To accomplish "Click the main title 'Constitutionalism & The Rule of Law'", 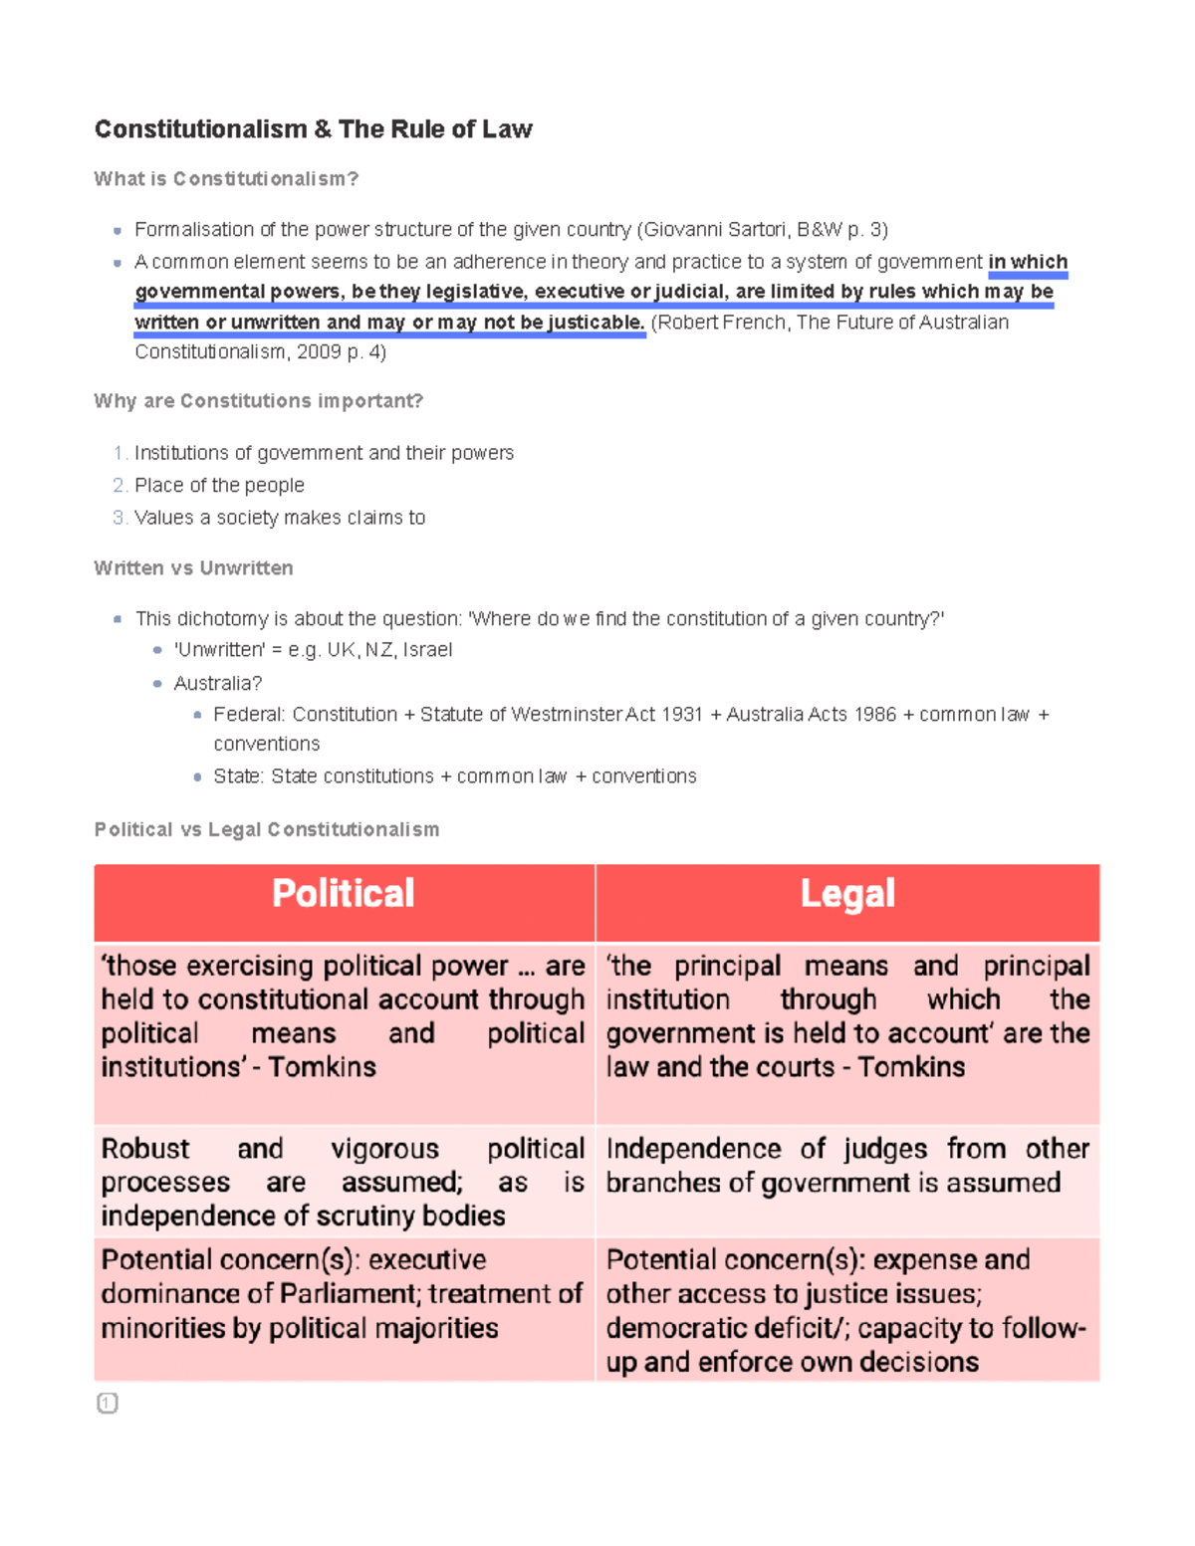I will click(x=313, y=129).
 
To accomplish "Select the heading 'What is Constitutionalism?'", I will click(x=226, y=179).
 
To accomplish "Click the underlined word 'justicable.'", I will click(x=596, y=323).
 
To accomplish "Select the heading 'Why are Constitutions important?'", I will click(x=258, y=401).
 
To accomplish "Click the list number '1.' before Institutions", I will click(x=119, y=454).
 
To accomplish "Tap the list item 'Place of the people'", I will click(x=219, y=486).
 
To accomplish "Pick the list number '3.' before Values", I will click(x=119, y=518).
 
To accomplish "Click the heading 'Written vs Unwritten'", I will click(x=193, y=568).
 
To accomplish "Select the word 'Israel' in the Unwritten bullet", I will click(x=427, y=650).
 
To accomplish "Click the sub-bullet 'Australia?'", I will click(x=217, y=684).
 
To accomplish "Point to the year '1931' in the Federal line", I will click(x=681, y=715).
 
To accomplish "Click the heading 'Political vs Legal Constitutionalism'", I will click(x=266, y=830).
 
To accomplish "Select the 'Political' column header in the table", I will click(x=344, y=894).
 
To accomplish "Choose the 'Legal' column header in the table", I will click(x=847, y=894).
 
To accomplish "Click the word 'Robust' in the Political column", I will click(x=145, y=1149).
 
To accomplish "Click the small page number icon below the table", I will click(x=108, y=1404).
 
